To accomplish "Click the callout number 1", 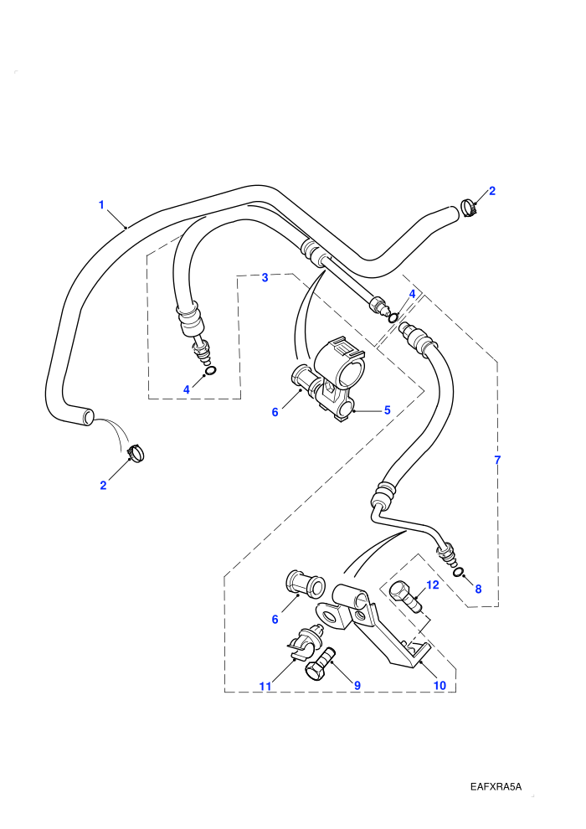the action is (x=101, y=204).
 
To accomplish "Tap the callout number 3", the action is (x=265, y=277).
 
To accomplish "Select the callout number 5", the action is (x=387, y=409).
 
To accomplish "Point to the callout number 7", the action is (x=496, y=460).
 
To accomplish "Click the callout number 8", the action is (x=478, y=589).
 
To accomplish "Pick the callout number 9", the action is (x=357, y=686).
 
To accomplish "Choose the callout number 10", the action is (x=439, y=686).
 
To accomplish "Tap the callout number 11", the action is (x=265, y=687).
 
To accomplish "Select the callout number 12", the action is (x=433, y=584).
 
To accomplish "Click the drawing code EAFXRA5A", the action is (x=496, y=786).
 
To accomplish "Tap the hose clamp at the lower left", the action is (x=136, y=454).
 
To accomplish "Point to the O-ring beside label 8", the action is (x=459, y=572).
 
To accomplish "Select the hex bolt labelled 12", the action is (x=407, y=597).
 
